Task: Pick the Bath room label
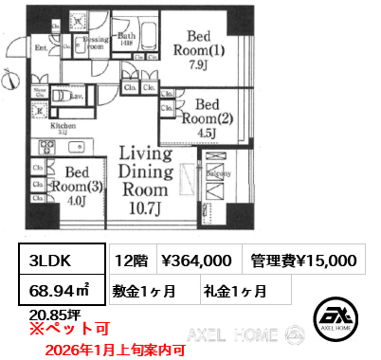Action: coord(127,38)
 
